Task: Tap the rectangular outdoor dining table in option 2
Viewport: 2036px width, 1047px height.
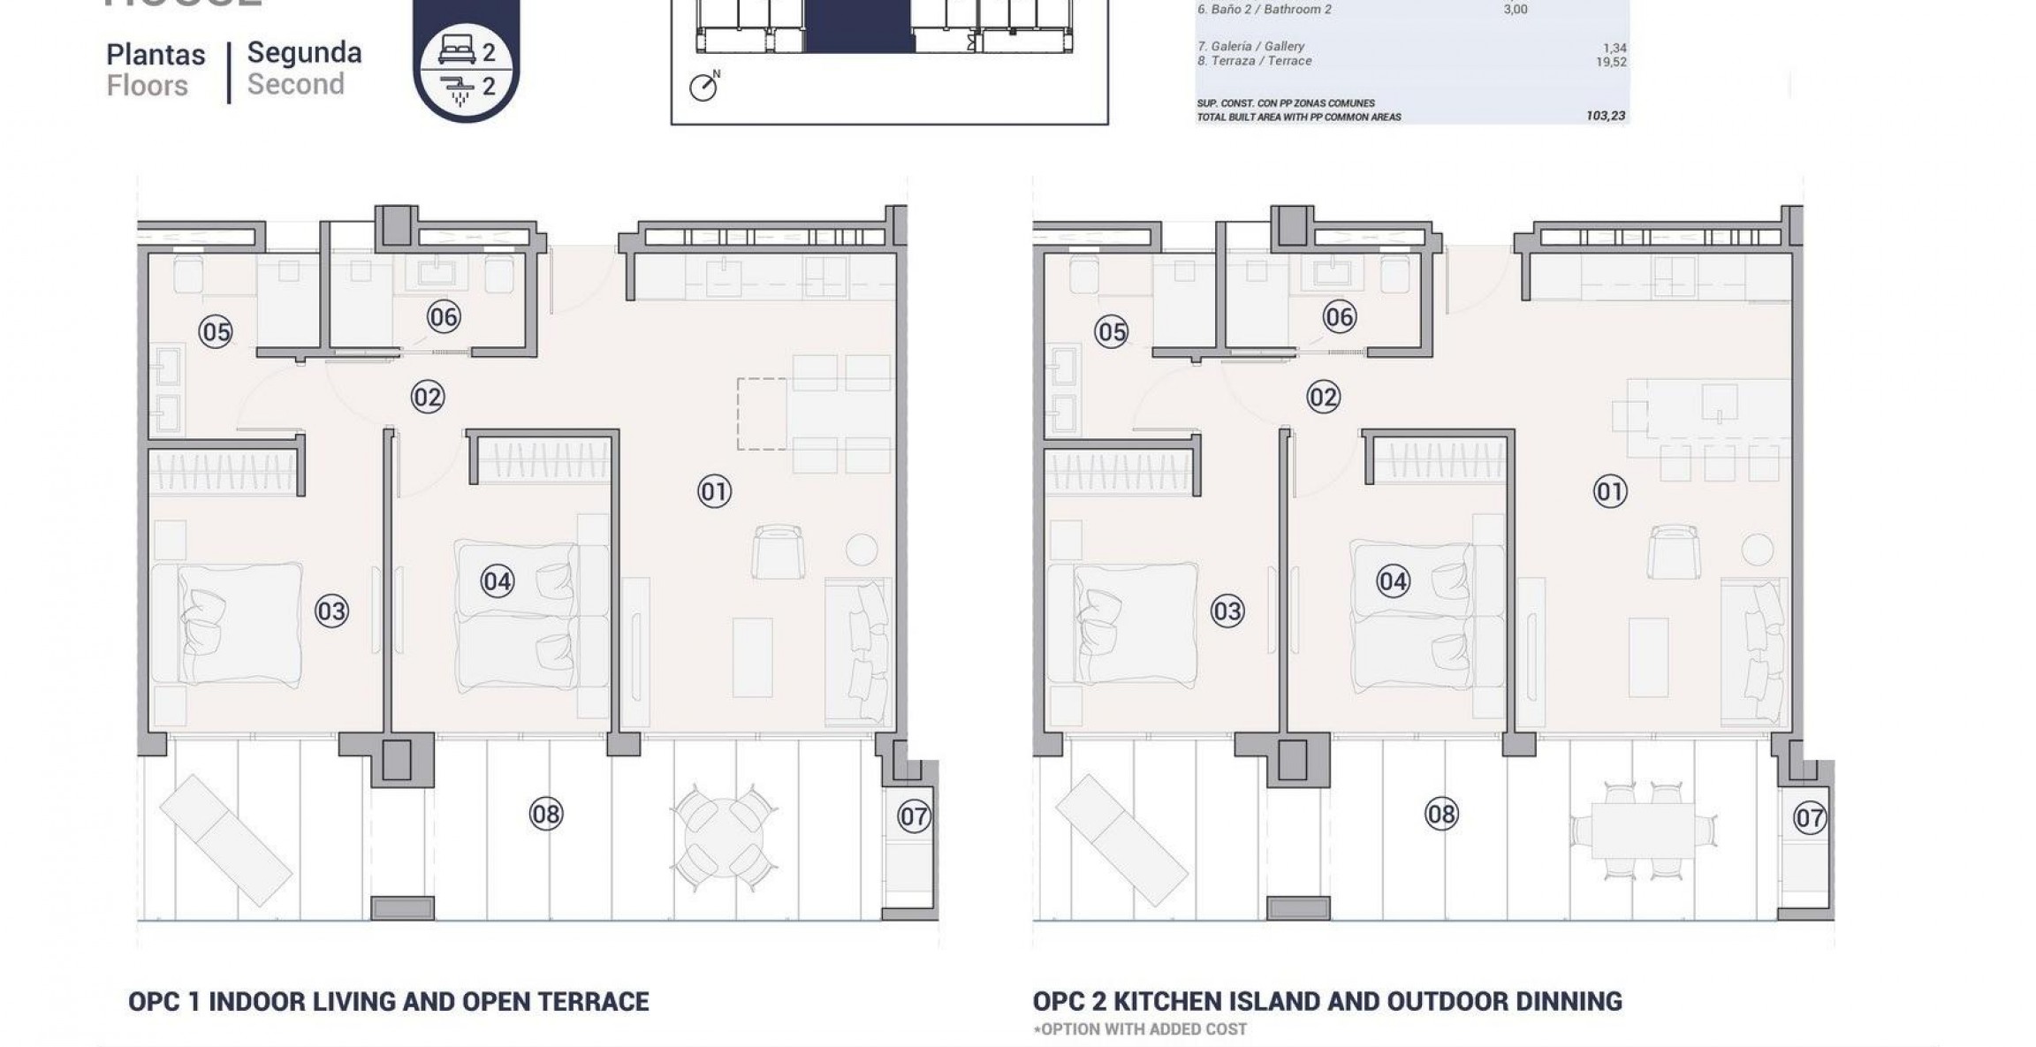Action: click(1643, 830)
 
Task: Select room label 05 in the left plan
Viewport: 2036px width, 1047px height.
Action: click(216, 332)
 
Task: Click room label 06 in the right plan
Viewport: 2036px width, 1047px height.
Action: click(1339, 317)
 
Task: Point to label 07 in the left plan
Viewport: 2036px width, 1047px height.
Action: click(914, 816)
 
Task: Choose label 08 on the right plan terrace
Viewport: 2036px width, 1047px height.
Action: click(1441, 813)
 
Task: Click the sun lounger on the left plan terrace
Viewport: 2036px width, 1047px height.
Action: click(225, 838)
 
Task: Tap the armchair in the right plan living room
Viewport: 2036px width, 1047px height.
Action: click(1674, 551)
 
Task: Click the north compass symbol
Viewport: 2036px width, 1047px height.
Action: click(703, 87)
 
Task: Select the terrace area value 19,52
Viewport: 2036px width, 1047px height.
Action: click(1611, 62)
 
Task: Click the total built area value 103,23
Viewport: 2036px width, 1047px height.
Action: click(1606, 116)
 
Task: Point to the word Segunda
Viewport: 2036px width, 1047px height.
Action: click(304, 53)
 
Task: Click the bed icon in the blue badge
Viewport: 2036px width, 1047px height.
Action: click(457, 52)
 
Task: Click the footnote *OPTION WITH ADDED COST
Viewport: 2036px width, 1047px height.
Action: click(1139, 1029)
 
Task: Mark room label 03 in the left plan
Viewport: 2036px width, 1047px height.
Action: click(331, 611)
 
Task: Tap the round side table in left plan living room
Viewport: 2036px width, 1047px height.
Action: click(861, 550)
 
